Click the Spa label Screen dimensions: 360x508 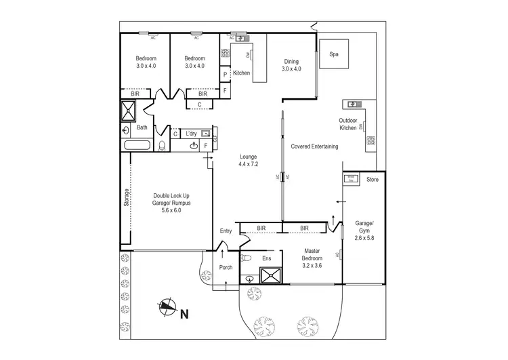click(334, 54)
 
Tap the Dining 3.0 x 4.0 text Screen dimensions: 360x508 click(291, 65)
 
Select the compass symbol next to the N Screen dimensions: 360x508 click(167, 308)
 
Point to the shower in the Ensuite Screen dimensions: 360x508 click(271, 275)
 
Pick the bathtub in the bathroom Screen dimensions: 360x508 click(139, 145)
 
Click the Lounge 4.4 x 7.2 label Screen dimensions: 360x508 click(248, 160)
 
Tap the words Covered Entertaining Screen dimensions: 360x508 click(314, 146)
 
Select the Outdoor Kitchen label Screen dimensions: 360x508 click(347, 125)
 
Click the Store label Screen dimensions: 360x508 click(372, 180)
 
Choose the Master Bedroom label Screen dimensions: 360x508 click(313, 258)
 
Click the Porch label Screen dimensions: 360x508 click(226, 267)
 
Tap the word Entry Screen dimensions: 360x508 click(226, 231)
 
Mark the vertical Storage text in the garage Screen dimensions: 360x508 click(126, 197)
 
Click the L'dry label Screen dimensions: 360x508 click(190, 134)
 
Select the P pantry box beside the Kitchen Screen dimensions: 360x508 click(225, 75)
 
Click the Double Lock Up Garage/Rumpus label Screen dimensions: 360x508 click(171, 203)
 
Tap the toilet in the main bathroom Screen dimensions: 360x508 click(162, 145)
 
